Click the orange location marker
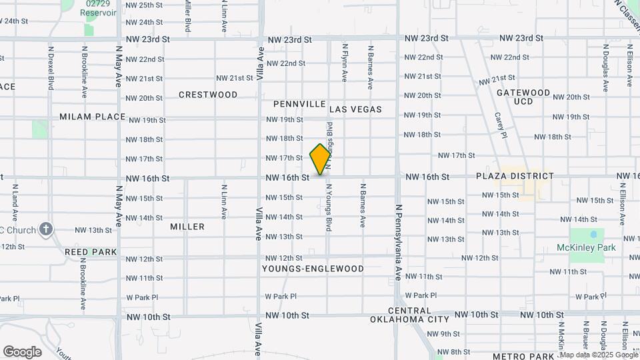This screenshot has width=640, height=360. (320, 159)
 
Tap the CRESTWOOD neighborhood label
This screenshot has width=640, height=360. (208, 95)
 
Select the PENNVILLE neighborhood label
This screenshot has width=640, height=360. (299, 105)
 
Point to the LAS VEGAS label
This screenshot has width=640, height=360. (355, 109)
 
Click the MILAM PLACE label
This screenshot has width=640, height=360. (92, 117)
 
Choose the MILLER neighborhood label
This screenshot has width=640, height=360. (187, 227)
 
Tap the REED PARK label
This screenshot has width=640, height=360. (91, 252)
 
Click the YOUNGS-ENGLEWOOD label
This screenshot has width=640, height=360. (313, 269)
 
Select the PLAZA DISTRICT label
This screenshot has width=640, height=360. (515, 176)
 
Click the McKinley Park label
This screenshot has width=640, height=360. (586, 247)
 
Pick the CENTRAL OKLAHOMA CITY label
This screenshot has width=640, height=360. (410, 315)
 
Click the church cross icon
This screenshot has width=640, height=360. (45, 230)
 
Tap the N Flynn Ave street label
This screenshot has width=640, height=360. (345, 63)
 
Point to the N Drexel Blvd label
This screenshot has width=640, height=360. (51, 67)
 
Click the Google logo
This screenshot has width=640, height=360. (22, 351)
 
